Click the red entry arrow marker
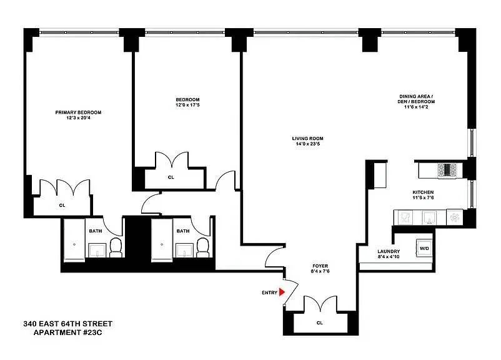[x=282, y=292]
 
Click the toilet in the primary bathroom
[x=116, y=248]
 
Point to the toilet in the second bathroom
[x=203, y=248]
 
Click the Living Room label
[x=307, y=139]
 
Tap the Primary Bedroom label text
[x=78, y=112]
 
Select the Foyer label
[x=320, y=265]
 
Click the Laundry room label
[x=388, y=251]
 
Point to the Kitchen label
[x=423, y=192]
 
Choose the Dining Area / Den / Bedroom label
[x=417, y=99]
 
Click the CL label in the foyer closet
[x=319, y=323]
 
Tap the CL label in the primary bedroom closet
[x=62, y=205]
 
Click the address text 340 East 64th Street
[x=67, y=324]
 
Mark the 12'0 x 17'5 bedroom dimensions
[x=187, y=105]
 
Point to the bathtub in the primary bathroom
[x=74, y=241]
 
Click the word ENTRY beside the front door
[x=269, y=292]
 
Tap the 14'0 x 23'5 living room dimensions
[x=307, y=144]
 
